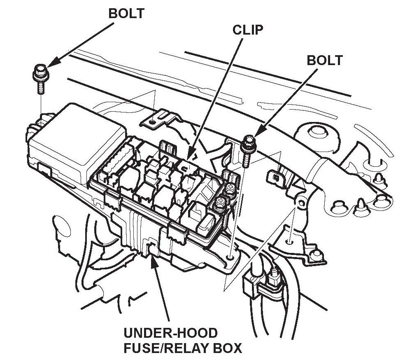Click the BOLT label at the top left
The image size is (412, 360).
click(x=126, y=13)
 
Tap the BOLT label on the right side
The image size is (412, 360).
click(x=324, y=61)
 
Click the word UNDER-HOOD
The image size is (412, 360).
click(x=170, y=333)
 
